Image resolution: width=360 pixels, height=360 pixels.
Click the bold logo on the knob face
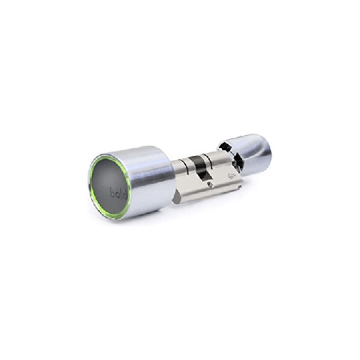(115, 193)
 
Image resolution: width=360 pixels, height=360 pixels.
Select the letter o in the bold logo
(114, 194)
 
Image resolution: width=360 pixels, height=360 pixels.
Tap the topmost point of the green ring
(106, 152)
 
